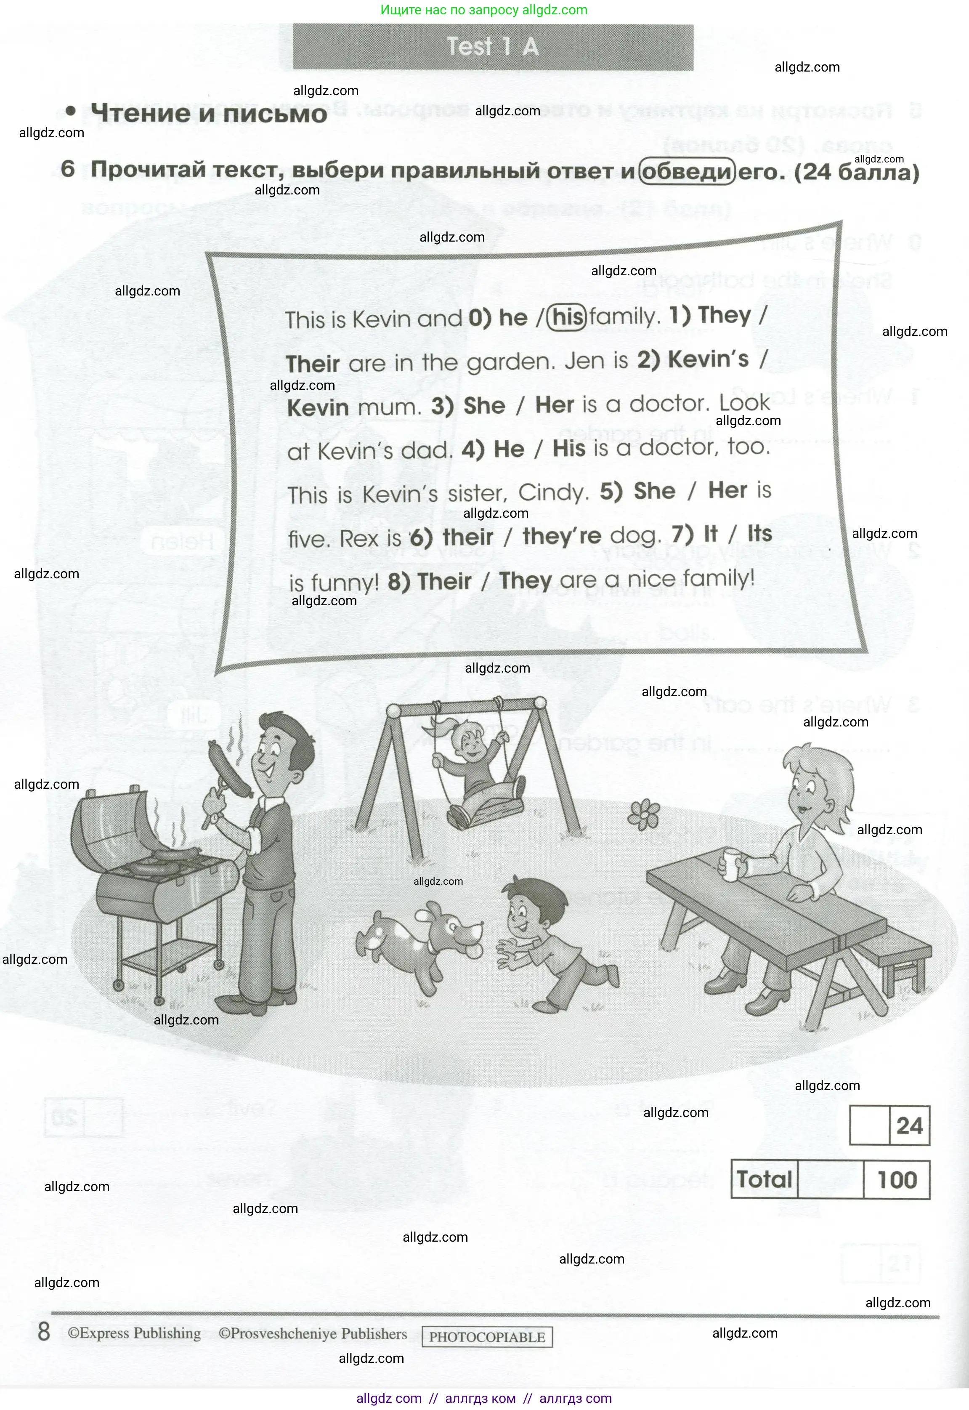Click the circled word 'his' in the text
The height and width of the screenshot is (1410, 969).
click(567, 317)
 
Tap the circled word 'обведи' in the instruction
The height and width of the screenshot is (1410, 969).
click(687, 172)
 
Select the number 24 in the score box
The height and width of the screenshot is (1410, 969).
click(909, 1125)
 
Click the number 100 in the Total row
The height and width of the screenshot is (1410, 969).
click(897, 1179)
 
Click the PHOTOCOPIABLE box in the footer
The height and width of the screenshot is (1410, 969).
click(487, 1336)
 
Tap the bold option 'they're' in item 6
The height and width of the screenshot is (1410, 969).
click(562, 535)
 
